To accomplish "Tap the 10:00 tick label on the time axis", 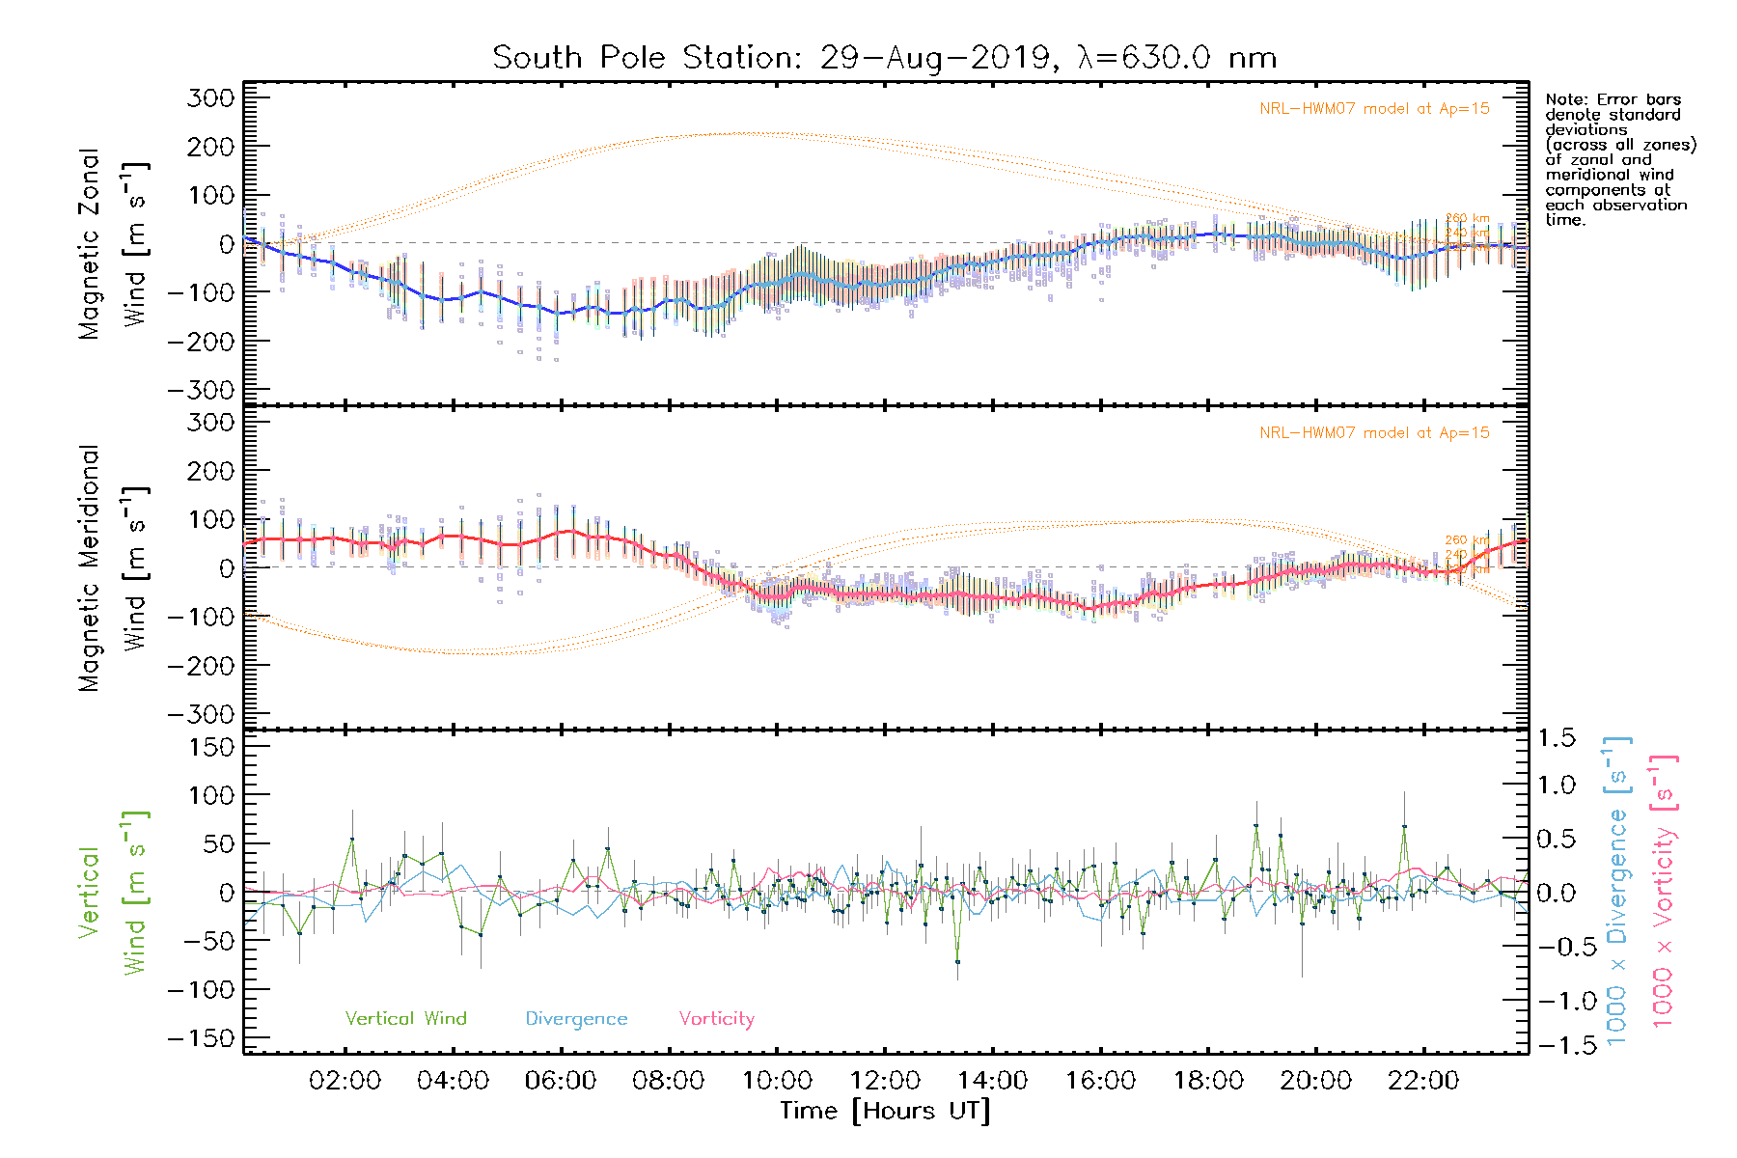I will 777,1081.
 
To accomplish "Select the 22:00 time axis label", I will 1423,1081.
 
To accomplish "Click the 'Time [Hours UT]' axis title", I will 885,1111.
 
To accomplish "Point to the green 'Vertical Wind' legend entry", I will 405,1019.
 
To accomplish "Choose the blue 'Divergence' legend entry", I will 576,1019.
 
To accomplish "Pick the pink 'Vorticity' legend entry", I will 716,1019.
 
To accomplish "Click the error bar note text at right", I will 1619,159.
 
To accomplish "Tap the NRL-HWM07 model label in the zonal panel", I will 1374,109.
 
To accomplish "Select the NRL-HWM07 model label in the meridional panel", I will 1374,433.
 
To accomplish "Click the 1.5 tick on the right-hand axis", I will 1557,738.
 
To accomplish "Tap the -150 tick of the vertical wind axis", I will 201,1039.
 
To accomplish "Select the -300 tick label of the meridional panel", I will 201,715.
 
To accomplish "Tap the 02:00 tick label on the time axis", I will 345,1081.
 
